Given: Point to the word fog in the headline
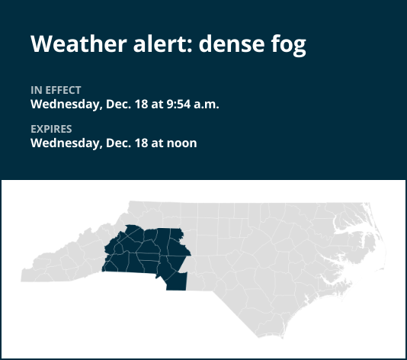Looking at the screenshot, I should tap(287, 45).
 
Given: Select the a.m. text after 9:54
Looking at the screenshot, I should tap(205, 104).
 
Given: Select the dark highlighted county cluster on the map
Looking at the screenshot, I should tap(145, 248).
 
